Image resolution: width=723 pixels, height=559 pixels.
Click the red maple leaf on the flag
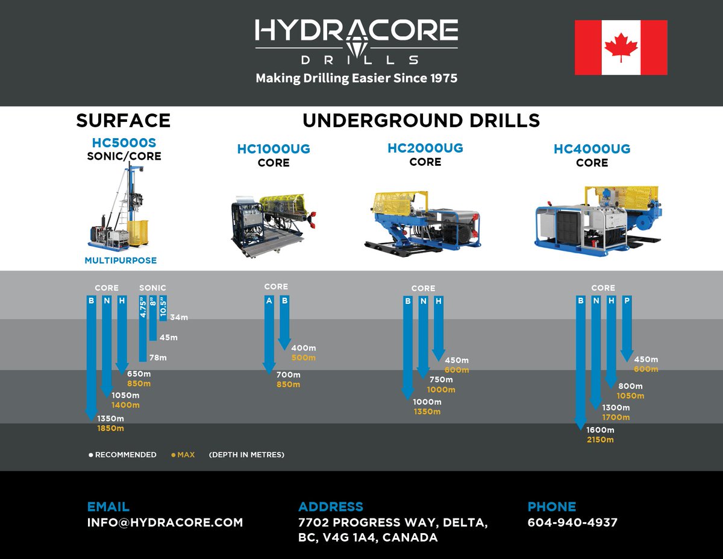tap(621, 47)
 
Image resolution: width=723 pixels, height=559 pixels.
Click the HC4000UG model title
tap(592, 149)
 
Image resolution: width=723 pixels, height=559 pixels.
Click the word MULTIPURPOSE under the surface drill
tap(120, 261)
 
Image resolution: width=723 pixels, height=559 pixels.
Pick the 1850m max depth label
tap(110, 428)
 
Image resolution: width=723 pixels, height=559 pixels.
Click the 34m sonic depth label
tap(179, 317)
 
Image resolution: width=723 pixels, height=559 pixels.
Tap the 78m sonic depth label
tap(158, 358)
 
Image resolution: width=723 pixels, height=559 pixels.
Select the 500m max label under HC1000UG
tap(303, 358)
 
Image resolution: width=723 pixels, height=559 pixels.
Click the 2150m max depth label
tap(600, 440)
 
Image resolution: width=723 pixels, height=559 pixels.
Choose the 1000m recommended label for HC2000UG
tap(427, 402)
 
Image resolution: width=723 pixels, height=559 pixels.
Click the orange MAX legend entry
tap(184, 455)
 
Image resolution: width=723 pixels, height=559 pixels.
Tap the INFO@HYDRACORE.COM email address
tap(165, 523)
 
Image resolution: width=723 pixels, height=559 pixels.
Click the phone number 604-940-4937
tap(572, 523)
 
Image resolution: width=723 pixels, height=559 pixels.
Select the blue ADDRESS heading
tap(331, 507)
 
